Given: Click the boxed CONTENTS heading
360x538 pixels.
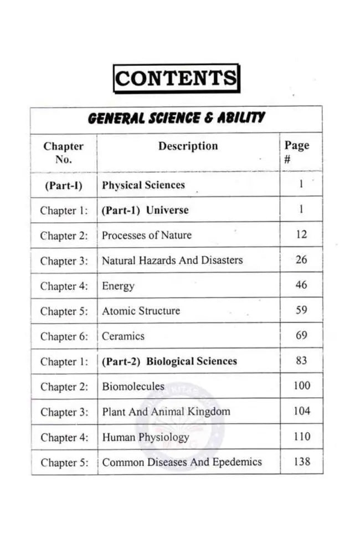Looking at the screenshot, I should (x=177, y=78).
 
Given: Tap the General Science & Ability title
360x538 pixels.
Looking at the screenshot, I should (x=176, y=117).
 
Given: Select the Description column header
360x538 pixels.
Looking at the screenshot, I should (x=188, y=146).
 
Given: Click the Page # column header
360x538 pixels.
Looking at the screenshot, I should (x=296, y=152).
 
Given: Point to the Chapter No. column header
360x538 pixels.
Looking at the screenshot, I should (x=63, y=152).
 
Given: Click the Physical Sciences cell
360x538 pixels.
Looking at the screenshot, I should (x=143, y=185).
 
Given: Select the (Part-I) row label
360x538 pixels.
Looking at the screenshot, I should (x=63, y=186).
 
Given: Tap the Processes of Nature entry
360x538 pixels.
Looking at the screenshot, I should (x=147, y=235).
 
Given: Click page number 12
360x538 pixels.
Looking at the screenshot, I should (x=301, y=234).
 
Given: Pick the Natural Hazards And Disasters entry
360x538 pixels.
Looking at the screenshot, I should (x=172, y=260).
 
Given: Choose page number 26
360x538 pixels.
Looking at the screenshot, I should (x=301, y=259).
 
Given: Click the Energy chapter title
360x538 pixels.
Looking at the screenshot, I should (x=118, y=286).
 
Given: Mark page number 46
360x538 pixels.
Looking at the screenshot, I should (x=301, y=285).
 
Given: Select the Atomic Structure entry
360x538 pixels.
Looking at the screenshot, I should (x=141, y=311).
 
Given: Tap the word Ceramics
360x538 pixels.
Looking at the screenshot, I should (x=123, y=336).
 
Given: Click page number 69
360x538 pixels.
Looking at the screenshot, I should (x=301, y=335).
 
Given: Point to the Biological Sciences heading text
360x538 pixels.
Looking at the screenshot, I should (x=192, y=361).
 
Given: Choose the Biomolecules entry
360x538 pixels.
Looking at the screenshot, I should (x=133, y=386).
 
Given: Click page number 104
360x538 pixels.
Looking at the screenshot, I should (x=301, y=411).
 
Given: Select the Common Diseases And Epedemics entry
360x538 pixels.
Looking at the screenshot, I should (x=182, y=462).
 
